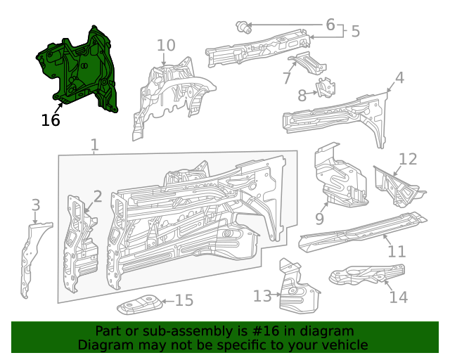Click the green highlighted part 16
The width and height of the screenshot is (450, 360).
click(77, 70)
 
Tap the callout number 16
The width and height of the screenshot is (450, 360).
click(50, 120)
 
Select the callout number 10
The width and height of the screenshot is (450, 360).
click(165, 46)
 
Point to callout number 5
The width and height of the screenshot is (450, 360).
click(355, 31)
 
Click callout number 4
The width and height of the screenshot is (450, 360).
click(399, 77)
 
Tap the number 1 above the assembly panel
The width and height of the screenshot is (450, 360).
click(94, 146)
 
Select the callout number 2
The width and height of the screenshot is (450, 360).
click(98, 196)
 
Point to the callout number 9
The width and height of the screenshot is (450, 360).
click(319, 219)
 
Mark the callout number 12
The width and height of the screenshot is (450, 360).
click(408, 160)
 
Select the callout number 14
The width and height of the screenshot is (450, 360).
click(398, 297)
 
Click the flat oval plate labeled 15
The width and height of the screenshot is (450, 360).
click(139, 307)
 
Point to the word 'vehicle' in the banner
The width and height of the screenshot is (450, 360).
click(343, 345)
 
